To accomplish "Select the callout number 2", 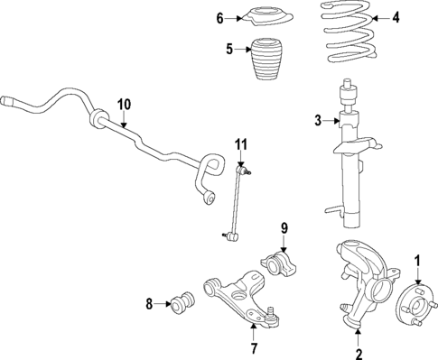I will tap(359, 353).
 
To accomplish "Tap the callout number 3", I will tap(317, 120).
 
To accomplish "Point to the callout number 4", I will tap(395, 17).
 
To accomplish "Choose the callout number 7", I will tap(254, 347).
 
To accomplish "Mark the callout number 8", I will tap(150, 303).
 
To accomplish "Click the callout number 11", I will tap(240, 143).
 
